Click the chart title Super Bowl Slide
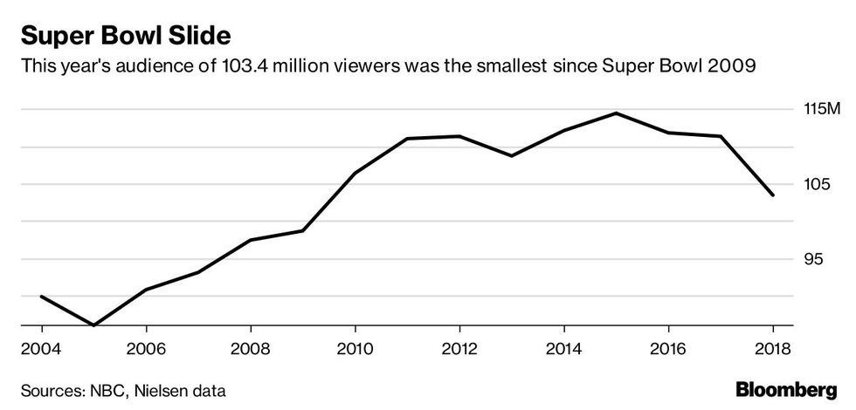[x=126, y=36]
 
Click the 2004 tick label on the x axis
[x=42, y=349]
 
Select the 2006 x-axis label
[x=146, y=349]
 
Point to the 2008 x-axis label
[x=251, y=349]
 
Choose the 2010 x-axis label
[x=355, y=349]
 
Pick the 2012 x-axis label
[x=459, y=349]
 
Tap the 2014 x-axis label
[x=564, y=349]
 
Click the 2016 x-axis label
[x=668, y=349]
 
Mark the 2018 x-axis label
[x=773, y=349]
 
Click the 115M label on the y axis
[x=821, y=110]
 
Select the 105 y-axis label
[x=816, y=185]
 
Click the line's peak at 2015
[x=616, y=113]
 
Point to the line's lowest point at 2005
[x=93, y=325]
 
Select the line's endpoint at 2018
[x=773, y=195]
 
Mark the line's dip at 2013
[x=512, y=156]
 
